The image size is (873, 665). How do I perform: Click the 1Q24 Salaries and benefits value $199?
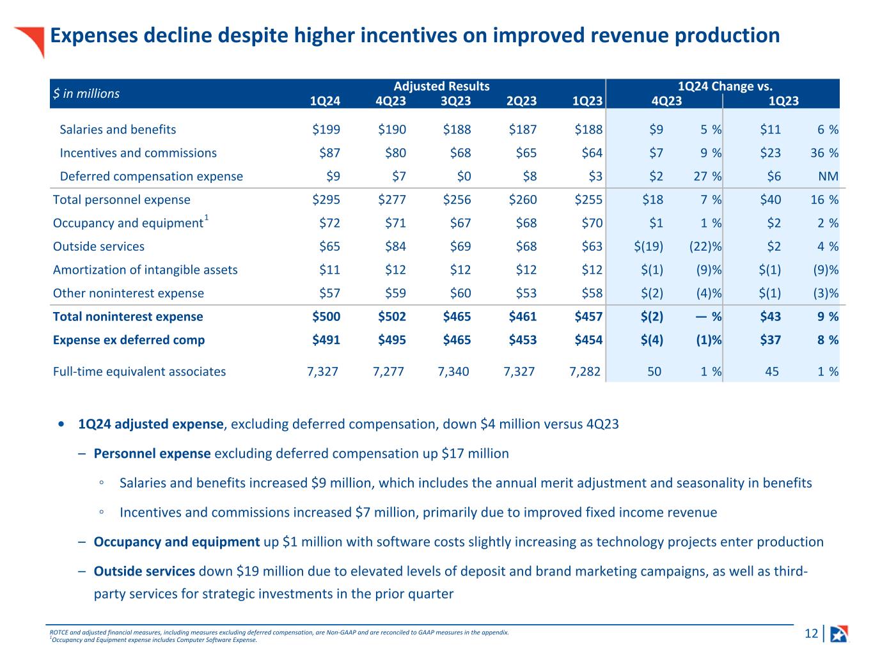click(x=326, y=130)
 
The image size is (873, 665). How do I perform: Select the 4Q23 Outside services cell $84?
click(x=392, y=247)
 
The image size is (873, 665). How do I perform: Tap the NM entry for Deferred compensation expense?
click(x=828, y=176)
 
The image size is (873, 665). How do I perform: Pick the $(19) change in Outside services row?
click(x=648, y=247)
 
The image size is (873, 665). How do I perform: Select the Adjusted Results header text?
click(x=441, y=86)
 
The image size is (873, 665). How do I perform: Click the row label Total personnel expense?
click(x=122, y=200)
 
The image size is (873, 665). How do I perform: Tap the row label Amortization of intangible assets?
click(x=145, y=270)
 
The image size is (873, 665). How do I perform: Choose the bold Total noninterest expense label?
click(x=128, y=317)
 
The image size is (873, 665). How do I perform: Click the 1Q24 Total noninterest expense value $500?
click(x=326, y=317)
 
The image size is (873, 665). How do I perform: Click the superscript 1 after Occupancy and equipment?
click(x=207, y=219)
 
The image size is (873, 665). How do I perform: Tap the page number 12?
click(x=811, y=634)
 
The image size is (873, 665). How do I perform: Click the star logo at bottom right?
click(x=839, y=634)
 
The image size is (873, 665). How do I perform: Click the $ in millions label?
click(x=86, y=94)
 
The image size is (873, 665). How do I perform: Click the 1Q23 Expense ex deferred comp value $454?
click(x=588, y=340)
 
